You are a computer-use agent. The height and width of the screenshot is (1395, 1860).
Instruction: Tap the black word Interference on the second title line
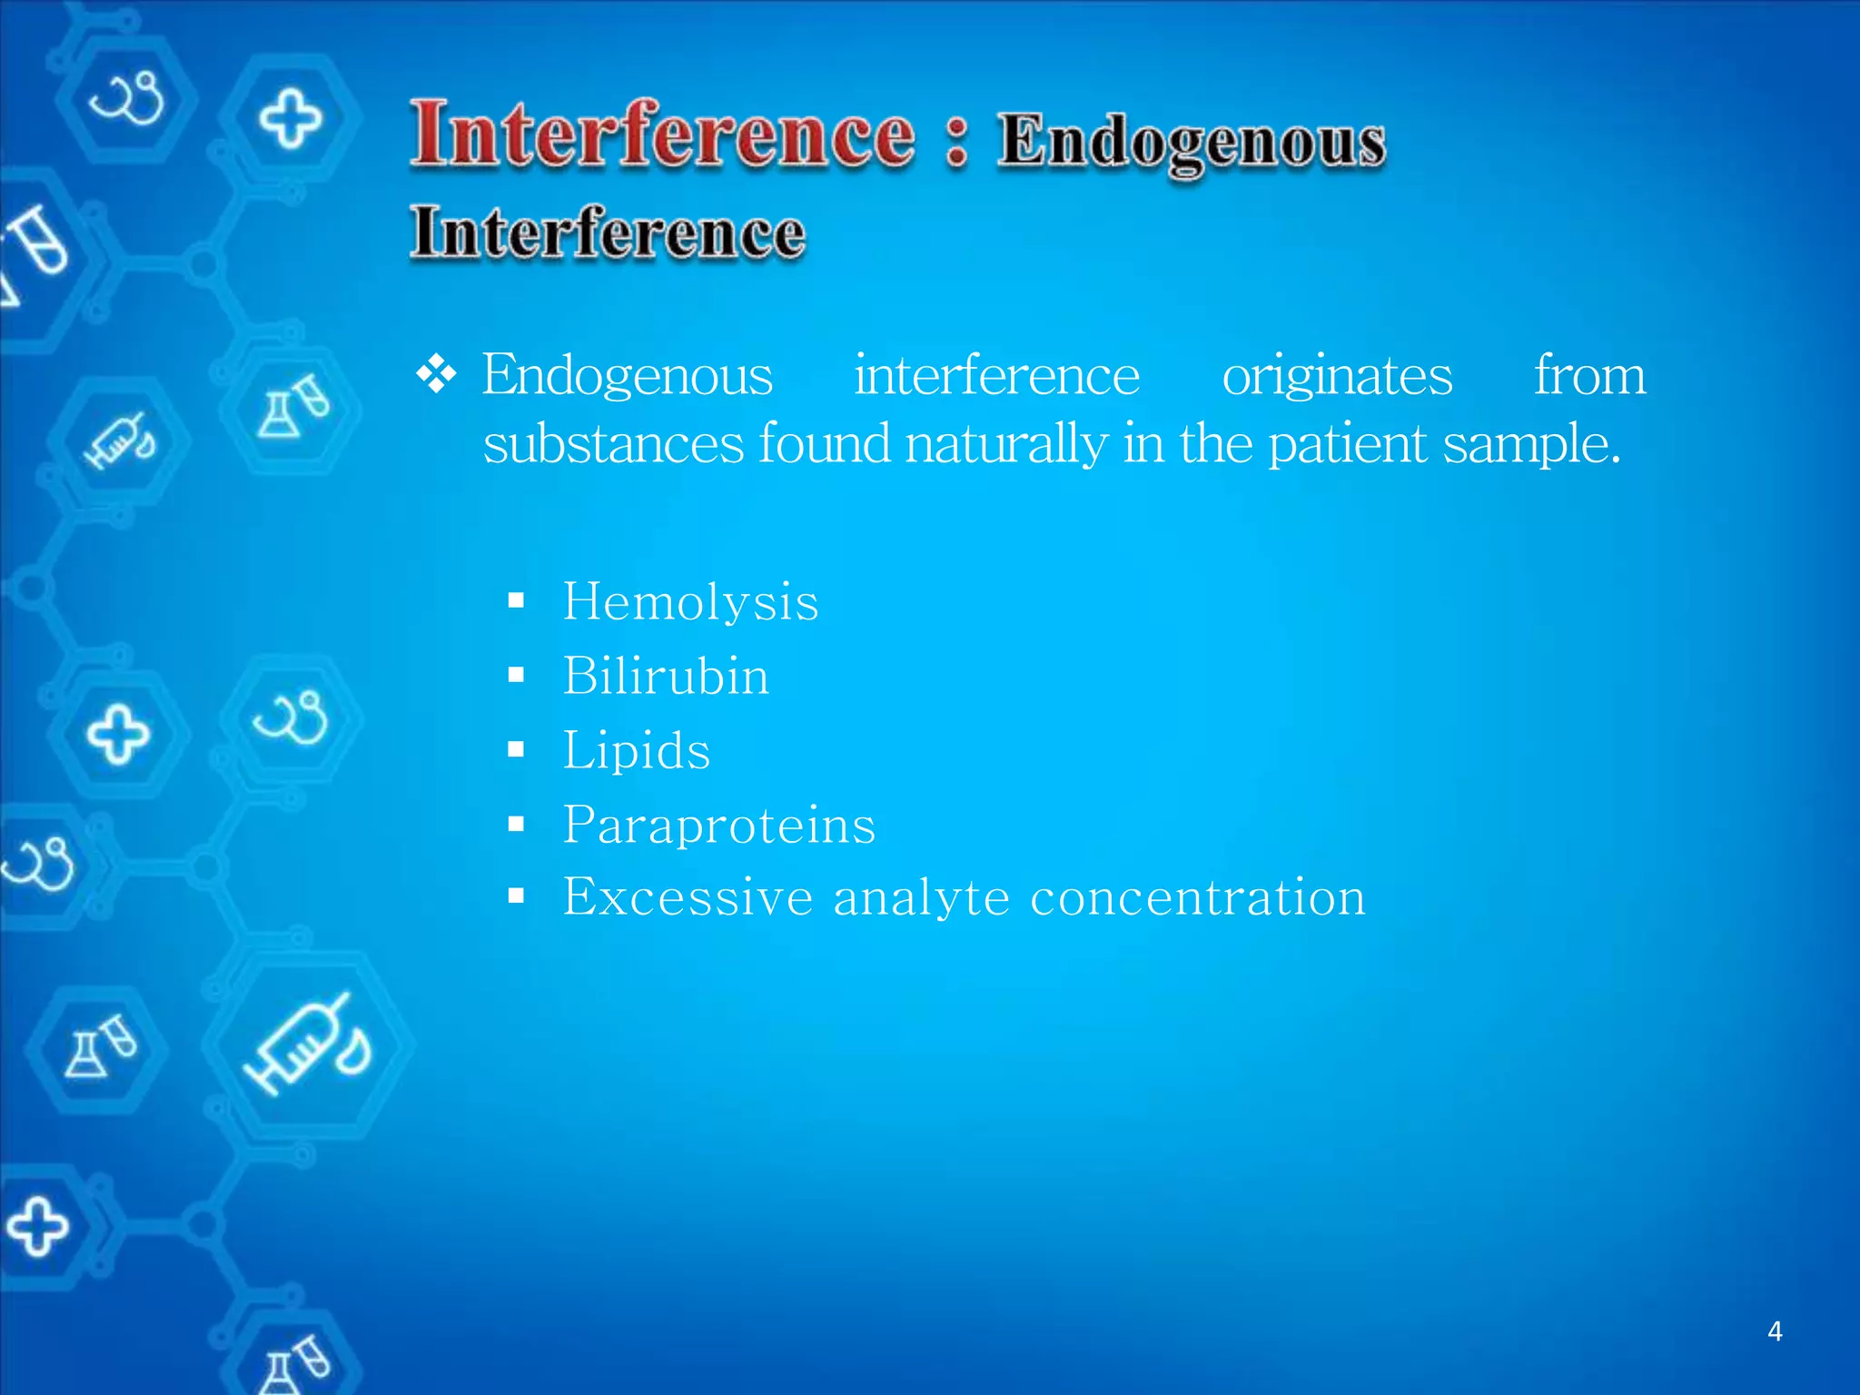coord(607,232)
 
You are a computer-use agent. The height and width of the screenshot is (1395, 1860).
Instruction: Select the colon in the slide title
coord(955,141)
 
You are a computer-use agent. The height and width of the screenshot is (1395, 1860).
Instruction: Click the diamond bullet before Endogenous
coord(436,374)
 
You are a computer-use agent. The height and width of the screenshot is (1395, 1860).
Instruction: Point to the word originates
coord(1336,376)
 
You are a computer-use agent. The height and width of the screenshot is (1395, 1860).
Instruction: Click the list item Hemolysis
coord(690,602)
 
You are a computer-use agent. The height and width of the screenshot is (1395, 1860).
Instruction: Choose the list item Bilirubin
coord(666,677)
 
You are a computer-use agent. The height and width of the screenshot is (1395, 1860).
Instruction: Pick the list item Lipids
coord(636,751)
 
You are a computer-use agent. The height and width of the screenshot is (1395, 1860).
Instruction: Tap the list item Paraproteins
coord(718,826)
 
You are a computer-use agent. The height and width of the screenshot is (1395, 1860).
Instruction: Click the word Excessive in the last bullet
coord(688,897)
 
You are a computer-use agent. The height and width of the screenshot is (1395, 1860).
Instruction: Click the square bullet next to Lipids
coord(517,749)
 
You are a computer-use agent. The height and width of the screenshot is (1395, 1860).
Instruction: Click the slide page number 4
coord(1774,1331)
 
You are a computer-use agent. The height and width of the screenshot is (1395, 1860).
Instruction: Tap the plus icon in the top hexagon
coord(291,118)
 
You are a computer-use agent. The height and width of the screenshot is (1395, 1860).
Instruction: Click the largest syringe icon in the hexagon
coord(307,1044)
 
